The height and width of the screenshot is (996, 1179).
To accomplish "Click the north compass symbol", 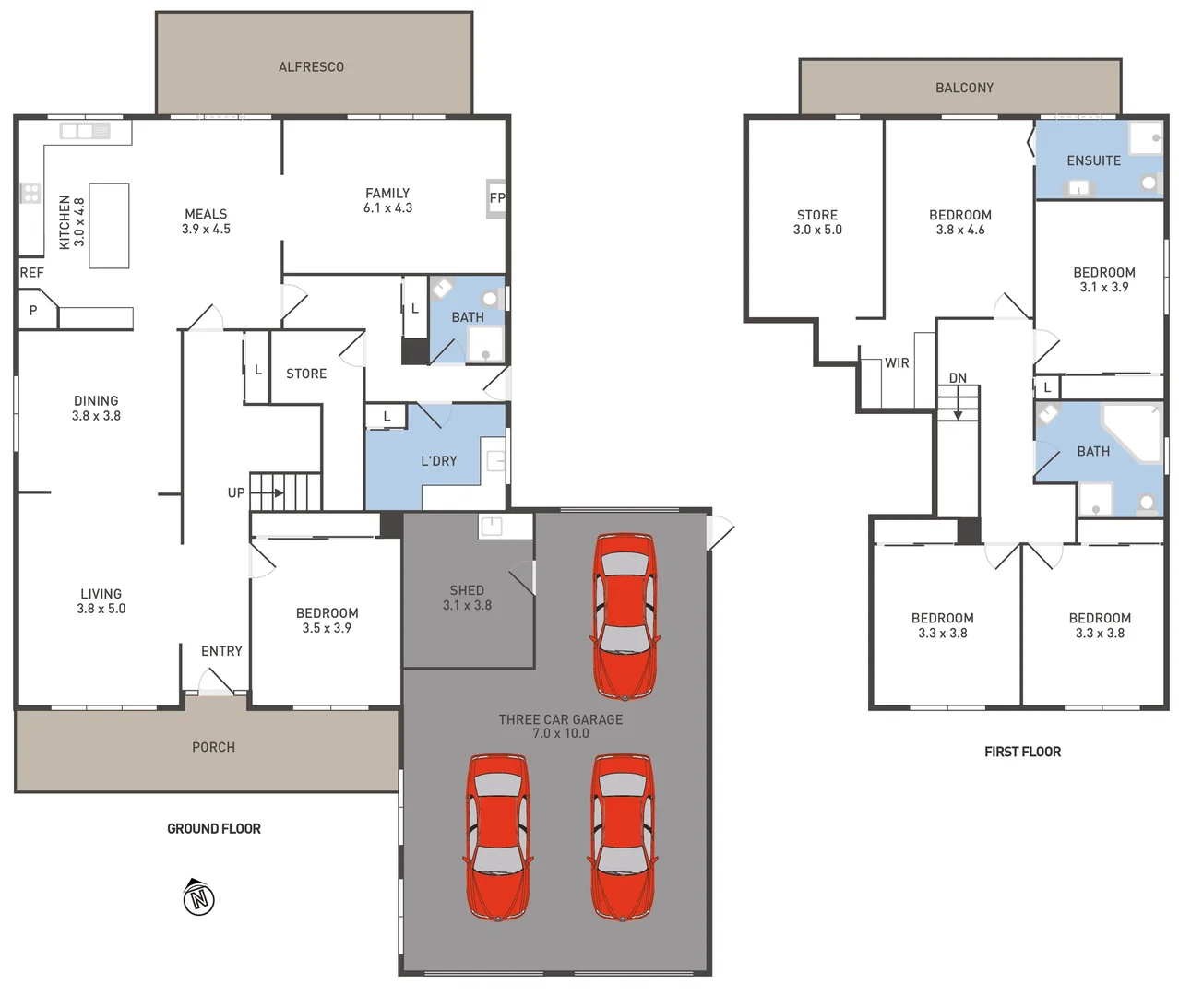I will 198,897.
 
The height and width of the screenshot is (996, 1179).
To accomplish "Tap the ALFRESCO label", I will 311,67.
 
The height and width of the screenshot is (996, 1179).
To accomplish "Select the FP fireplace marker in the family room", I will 496,198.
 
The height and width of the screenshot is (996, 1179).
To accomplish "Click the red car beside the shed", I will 625,615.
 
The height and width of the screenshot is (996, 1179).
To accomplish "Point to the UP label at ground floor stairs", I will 236,493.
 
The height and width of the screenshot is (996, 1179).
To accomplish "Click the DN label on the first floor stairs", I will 958,378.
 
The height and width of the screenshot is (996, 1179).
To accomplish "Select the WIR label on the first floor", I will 897,363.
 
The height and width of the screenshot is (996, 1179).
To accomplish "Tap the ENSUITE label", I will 1093,160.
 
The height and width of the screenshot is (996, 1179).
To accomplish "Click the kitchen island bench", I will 109,226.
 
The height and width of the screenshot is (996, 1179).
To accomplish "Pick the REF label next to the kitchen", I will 31,273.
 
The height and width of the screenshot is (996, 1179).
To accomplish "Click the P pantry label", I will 33,311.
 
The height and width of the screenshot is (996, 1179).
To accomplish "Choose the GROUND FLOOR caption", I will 214,829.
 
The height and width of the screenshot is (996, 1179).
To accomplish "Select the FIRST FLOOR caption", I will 1022,752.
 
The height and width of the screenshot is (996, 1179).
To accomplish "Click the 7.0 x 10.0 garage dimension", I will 560,734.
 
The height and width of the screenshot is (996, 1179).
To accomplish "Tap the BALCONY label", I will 964,88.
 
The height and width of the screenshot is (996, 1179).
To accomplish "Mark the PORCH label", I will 213,747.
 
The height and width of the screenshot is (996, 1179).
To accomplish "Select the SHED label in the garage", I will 467,590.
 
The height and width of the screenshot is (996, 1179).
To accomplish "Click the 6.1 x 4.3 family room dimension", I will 387,208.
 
